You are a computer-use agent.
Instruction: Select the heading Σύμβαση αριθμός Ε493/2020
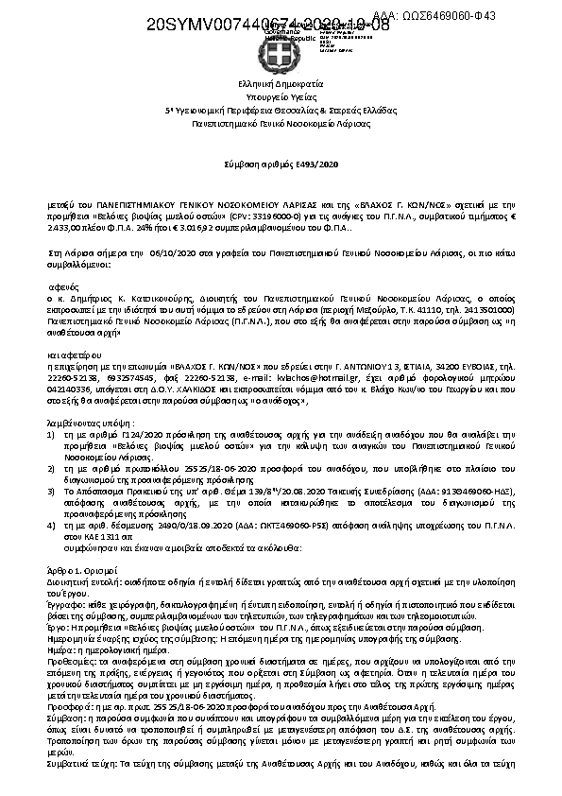[281, 164]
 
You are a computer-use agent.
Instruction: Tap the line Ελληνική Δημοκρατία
[281, 84]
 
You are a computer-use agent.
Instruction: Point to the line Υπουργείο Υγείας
[281, 96]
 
